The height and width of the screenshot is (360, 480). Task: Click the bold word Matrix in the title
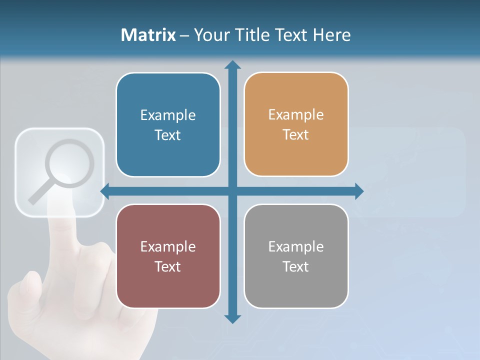click(148, 35)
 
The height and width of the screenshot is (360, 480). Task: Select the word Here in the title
click(331, 35)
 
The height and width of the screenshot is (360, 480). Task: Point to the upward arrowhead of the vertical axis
click(232, 64)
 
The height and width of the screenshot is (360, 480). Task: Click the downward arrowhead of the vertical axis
click(232, 318)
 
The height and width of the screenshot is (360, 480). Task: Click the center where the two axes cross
click(232, 191)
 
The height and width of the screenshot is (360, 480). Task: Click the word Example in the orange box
click(296, 114)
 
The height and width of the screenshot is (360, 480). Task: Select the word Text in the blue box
click(168, 135)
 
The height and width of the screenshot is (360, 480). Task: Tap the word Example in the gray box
click(296, 246)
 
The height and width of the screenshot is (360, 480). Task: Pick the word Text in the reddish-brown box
click(168, 266)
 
